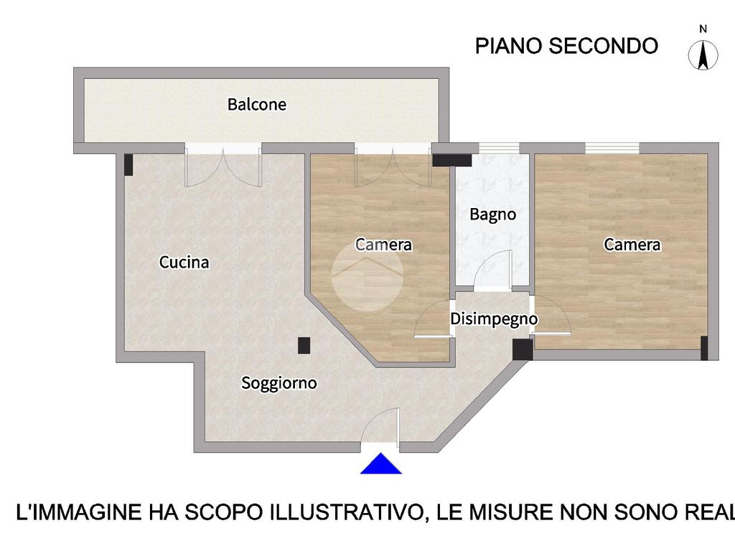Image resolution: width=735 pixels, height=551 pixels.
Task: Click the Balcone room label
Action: (256, 104)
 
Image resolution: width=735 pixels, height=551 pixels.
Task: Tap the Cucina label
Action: (184, 262)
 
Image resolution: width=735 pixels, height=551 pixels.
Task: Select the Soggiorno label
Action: (279, 383)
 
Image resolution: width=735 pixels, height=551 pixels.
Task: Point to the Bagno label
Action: (492, 215)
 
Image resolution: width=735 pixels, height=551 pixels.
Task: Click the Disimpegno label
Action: (494, 319)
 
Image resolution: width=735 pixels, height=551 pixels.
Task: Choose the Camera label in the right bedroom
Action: (632, 244)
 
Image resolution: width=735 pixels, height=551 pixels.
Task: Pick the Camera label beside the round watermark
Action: (383, 244)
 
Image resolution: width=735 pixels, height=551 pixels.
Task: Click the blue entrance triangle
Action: (381, 464)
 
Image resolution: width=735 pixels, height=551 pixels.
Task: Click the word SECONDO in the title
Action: (603, 46)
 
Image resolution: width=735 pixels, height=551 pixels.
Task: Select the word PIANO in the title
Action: (509, 46)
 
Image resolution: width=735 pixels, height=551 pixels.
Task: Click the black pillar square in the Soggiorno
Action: (304, 346)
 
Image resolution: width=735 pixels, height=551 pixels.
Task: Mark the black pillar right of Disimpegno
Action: (523, 349)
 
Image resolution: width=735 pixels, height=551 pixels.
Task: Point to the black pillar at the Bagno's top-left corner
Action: (451, 160)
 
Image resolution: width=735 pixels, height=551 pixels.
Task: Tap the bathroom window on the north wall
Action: (499, 148)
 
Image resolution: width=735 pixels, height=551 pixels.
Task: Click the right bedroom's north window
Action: (612, 148)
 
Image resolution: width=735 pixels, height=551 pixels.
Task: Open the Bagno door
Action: (493, 270)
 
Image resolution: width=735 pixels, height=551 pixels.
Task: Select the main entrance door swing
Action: (380, 425)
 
